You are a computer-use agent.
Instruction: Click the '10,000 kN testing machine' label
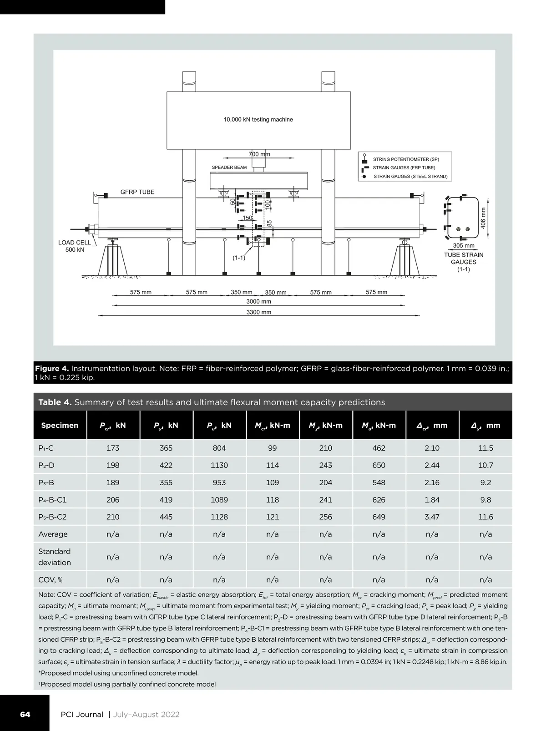258,120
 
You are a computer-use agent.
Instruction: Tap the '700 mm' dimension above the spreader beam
259,154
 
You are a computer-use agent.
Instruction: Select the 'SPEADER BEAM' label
229,168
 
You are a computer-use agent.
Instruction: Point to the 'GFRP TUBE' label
137,192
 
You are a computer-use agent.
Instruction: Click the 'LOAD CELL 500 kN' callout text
75,246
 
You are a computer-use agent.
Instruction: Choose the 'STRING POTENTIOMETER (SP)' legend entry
406,159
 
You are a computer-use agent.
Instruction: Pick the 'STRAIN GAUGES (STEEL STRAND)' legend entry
410,177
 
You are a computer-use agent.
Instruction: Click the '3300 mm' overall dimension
259,312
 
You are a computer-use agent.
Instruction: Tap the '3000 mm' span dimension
259,302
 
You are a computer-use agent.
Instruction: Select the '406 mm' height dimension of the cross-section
483,218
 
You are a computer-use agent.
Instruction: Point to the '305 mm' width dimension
464,246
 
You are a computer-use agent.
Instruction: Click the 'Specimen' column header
60,426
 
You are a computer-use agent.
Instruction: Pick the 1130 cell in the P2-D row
219,465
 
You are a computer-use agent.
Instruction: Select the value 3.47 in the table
432,517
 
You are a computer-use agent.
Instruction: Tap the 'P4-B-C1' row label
52,500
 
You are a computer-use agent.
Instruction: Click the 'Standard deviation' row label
55,557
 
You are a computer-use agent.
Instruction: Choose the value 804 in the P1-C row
219,448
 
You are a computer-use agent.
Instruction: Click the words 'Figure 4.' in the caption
52,368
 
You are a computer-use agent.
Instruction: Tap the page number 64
25,714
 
